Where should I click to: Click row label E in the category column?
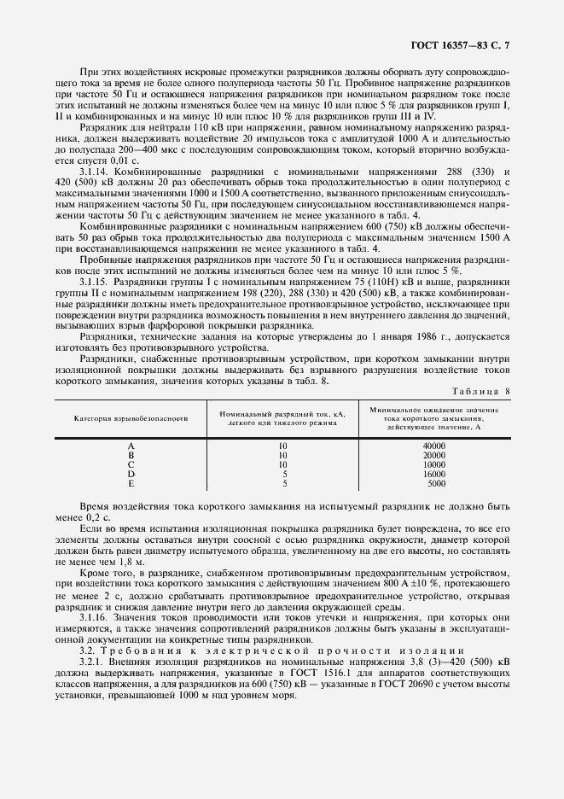(x=131, y=482)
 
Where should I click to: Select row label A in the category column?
(x=131, y=446)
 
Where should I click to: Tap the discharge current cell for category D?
(x=283, y=473)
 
